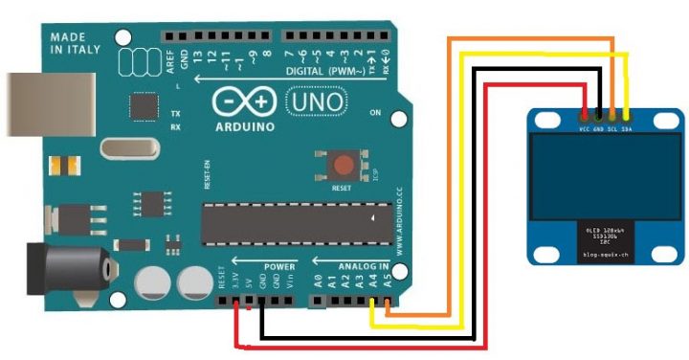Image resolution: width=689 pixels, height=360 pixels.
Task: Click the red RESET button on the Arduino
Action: click(x=343, y=166)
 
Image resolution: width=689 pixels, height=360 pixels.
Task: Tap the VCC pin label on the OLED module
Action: click(x=584, y=127)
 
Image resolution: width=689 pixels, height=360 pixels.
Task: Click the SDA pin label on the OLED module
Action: click(x=626, y=127)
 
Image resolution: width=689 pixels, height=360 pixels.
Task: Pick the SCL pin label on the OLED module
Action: click(x=611, y=127)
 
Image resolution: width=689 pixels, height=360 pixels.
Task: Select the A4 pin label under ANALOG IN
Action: click(x=373, y=282)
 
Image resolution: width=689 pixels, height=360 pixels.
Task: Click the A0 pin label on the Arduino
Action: click(x=319, y=282)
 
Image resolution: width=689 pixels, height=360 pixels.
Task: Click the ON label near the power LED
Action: click(x=374, y=114)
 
